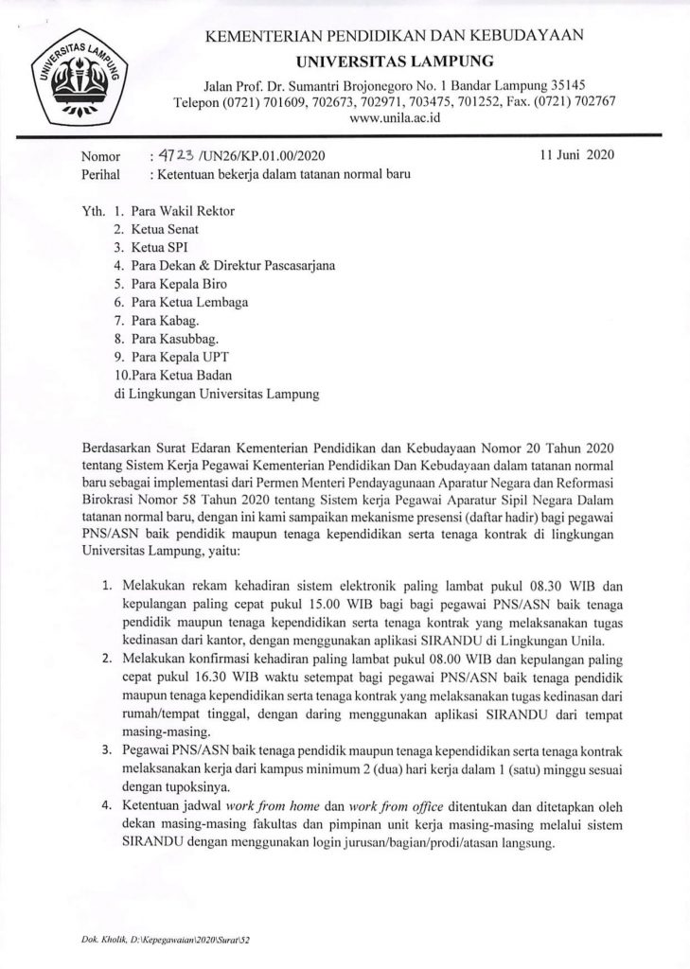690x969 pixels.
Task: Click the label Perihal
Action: [102, 174]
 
